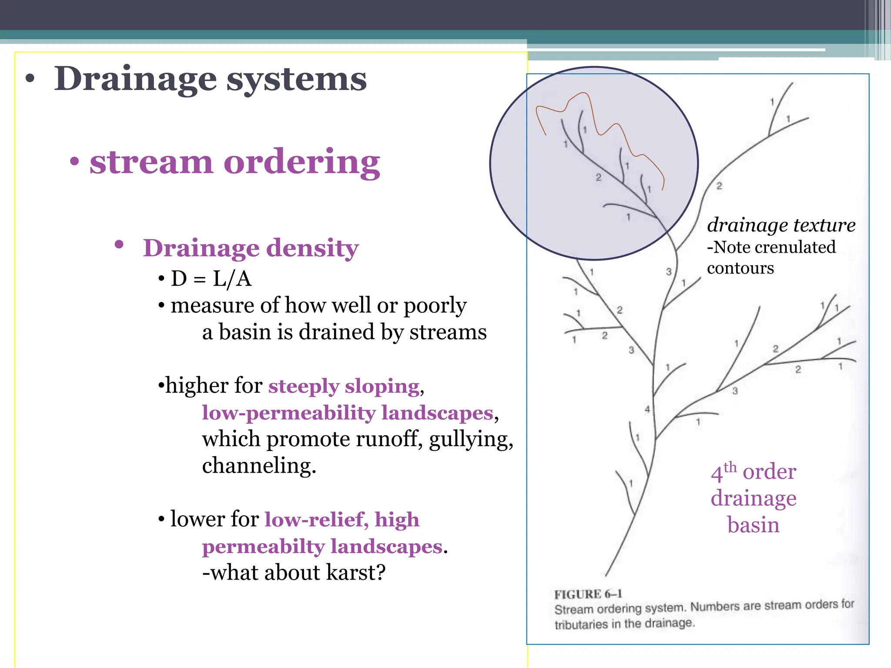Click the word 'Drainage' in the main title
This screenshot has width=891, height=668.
click(135, 80)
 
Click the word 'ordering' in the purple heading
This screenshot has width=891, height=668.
click(301, 162)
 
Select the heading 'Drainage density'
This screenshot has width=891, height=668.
click(251, 248)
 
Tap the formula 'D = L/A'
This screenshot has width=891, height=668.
click(211, 279)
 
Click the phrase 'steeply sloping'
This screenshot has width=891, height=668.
click(344, 386)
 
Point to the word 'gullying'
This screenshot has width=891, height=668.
click(471, 440)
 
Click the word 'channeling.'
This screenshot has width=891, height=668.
click(259, 466)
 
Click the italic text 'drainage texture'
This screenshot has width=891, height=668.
click(781, 225)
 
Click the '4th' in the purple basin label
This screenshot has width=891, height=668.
click(723, 472)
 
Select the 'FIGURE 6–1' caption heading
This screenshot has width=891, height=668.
click(588, 594)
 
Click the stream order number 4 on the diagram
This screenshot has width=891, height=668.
click(647, 409)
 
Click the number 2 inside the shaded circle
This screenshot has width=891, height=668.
click(598, 177)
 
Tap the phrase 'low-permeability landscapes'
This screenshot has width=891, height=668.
click(348, 413)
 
